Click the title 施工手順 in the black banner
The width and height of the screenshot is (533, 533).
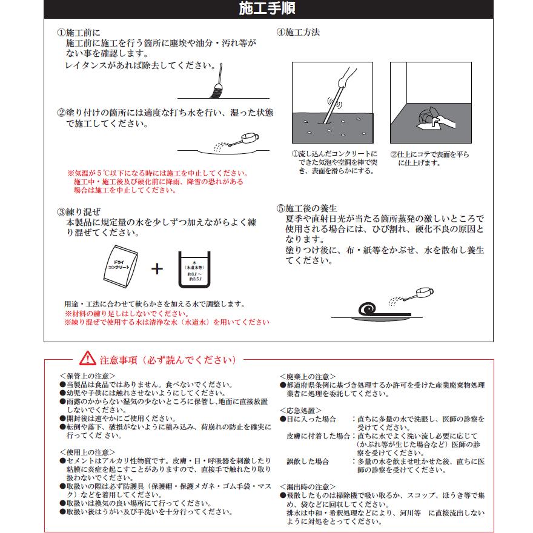pyautogui.click(x=267, y=8)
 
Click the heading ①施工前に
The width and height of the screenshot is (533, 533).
pyautogui.click(x=79, y=33)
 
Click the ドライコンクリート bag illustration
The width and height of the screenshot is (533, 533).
pyautogui.click(x=121, y=265)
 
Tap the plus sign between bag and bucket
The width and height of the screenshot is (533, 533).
pyautogui.click(x=157, y=268)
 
